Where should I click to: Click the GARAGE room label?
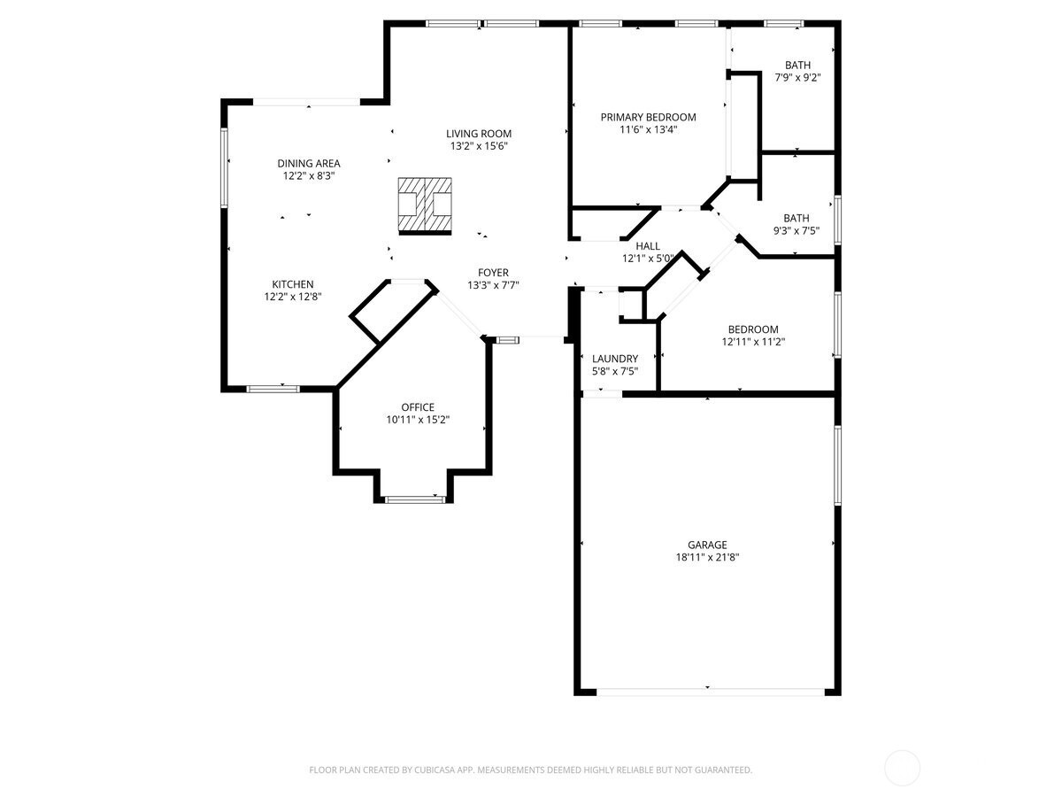707,545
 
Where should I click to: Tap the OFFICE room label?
418,407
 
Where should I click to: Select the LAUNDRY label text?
615,359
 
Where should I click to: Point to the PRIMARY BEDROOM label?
649,117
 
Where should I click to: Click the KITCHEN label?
293,284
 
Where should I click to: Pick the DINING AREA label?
309,164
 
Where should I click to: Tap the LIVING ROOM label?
479,134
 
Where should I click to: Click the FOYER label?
493,273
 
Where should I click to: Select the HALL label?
648,246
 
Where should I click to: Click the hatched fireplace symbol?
425,206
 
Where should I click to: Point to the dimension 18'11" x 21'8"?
707,557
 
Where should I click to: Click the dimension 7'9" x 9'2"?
798,77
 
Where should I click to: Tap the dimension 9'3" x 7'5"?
796,231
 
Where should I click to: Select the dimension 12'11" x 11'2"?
753,342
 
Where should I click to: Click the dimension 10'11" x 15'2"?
418,420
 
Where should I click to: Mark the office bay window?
415,499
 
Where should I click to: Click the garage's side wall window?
837,466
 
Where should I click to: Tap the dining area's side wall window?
225,167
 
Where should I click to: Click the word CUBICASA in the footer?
435,770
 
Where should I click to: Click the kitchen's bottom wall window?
273,389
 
